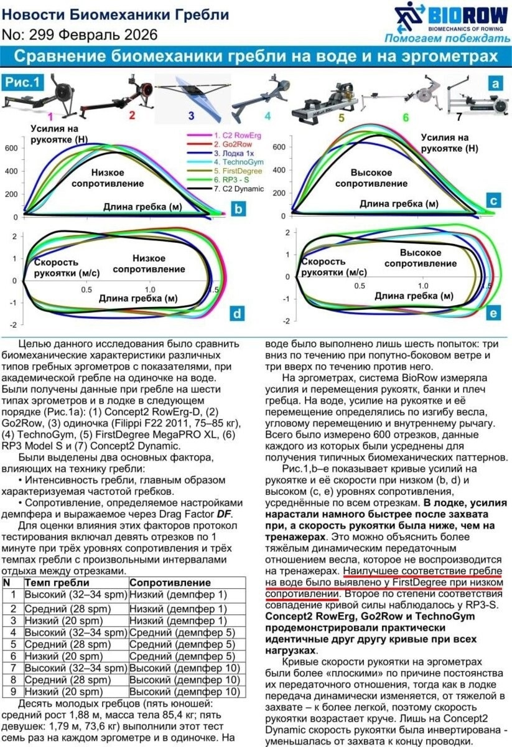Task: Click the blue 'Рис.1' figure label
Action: coord(22,82)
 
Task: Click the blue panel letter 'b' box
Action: coord(237,209)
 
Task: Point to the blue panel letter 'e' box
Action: coord(493,313)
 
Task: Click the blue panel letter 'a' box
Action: coord(495,83)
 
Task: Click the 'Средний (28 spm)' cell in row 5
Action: coord(62,644)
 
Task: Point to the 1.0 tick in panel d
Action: coord(150,290)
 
